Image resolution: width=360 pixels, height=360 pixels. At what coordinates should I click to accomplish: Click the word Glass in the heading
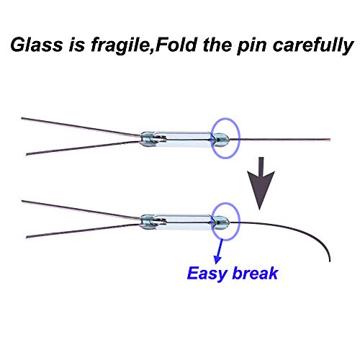(x=37, y=45)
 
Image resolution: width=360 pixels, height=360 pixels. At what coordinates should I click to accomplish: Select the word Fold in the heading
(x=176, y=45)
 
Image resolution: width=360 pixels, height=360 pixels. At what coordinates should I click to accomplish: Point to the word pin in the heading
(x=252, y=46)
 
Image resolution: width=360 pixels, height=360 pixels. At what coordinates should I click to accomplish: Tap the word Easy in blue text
(x=207, y=274)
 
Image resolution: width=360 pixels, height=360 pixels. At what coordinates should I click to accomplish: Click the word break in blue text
(x=255, y=273)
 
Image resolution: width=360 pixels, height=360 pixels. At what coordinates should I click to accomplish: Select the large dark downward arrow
(x=261, y=184)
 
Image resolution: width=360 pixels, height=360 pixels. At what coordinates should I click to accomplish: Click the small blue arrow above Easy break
(x=219, y=251)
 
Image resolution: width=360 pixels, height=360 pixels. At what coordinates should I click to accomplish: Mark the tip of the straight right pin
(x=330, y=139)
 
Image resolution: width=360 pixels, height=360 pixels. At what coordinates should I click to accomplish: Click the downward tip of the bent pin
(x=330, y=261)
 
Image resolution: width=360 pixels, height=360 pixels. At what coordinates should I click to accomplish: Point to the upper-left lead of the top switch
(x=81, y=127)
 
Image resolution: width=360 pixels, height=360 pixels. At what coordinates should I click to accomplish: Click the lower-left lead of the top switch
(x=83, y=148)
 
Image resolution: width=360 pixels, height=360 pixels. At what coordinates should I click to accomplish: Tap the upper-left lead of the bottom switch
(x=81, y=210)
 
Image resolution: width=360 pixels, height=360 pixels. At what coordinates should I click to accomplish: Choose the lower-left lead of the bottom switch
(x=83, y=230)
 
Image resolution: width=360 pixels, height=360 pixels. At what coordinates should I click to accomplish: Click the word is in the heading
(x=77, y=45)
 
